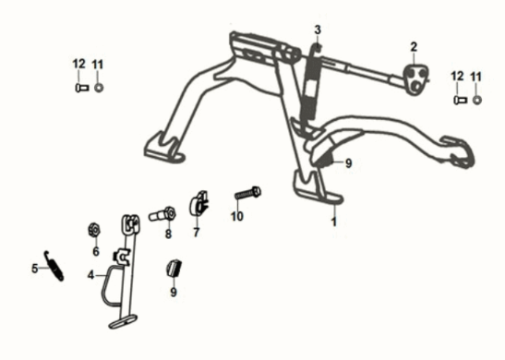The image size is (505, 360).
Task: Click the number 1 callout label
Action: click(x=334, y=222)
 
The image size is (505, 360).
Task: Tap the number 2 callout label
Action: click(x=414, y=46)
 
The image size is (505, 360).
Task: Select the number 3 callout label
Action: click(x=317, y=30)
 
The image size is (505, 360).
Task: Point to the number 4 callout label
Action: click(x=90, y=274)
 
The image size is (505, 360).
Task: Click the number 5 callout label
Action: click(x=34, y=269)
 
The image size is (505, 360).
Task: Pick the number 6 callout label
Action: click(x=95, y=251)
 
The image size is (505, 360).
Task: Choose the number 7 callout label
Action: click(x=196, y=234)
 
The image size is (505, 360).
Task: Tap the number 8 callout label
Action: click(x=168, y=234)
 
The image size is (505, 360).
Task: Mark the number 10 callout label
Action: click(x=237, y=217)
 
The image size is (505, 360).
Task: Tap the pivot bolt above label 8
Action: click(x=162, y=214)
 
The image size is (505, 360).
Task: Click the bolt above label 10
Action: click(x=247, y=194)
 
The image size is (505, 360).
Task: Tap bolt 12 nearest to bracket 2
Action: click(x=458, y=98)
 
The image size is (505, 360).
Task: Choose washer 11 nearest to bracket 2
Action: click(x=476, y=98)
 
